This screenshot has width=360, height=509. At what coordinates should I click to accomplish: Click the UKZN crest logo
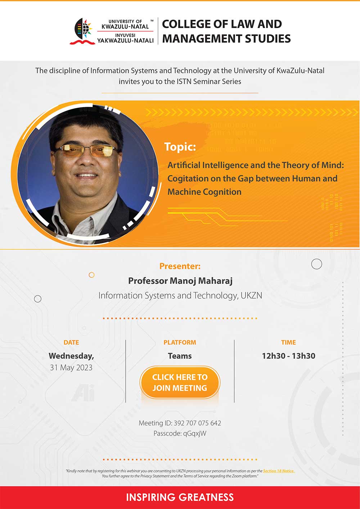pyautogui.click(x=82, y=31)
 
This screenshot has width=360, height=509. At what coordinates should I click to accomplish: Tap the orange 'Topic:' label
pyautogui.click(x=180, y=146)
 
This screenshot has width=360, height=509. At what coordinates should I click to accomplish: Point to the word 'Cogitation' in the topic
pyautogui.click(x=188, y=179)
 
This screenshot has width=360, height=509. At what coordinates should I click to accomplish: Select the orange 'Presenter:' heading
pyautogui.click(x=180, y=266)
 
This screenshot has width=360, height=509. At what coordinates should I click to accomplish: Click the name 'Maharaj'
pyautogui.click(x=215, y=281)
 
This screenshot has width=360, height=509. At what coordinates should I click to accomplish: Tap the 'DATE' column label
pyautogui.click(x=71, y=342)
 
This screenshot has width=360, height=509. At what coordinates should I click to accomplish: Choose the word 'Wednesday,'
pyautogui.click(x=71, y=356)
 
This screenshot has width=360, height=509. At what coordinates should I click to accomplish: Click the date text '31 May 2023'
pyautogui.click(x=71, y=368)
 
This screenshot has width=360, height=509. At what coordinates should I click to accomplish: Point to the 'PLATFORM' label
pyautogui.click(x=180, y=342)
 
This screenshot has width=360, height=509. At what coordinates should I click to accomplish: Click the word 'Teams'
pyautogui.click(x=180, y=356)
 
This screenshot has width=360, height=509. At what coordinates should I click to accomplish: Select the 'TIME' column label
pyautogui.click(x=288, y=342)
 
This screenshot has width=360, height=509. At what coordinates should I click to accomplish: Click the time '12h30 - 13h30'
pyautogui.click(x=288, y=356)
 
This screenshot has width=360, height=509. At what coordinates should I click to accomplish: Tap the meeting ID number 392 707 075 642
pyautogui.click(x=197, y=423)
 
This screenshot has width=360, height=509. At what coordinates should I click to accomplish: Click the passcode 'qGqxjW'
pyautogui.click(x=195, y=433)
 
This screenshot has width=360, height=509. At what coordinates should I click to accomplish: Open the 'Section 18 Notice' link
pyautogui.click(x=279, y=471)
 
